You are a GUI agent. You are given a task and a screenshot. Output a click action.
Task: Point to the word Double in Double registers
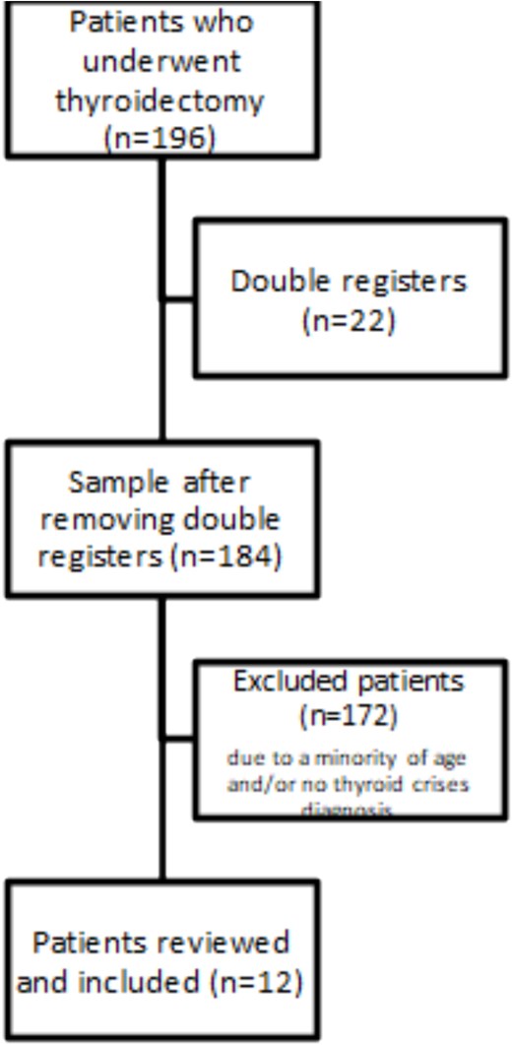point(270,282)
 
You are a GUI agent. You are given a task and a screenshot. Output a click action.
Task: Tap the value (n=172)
point(351,717)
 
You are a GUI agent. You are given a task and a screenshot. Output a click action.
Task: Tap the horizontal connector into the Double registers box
point(179,297)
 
